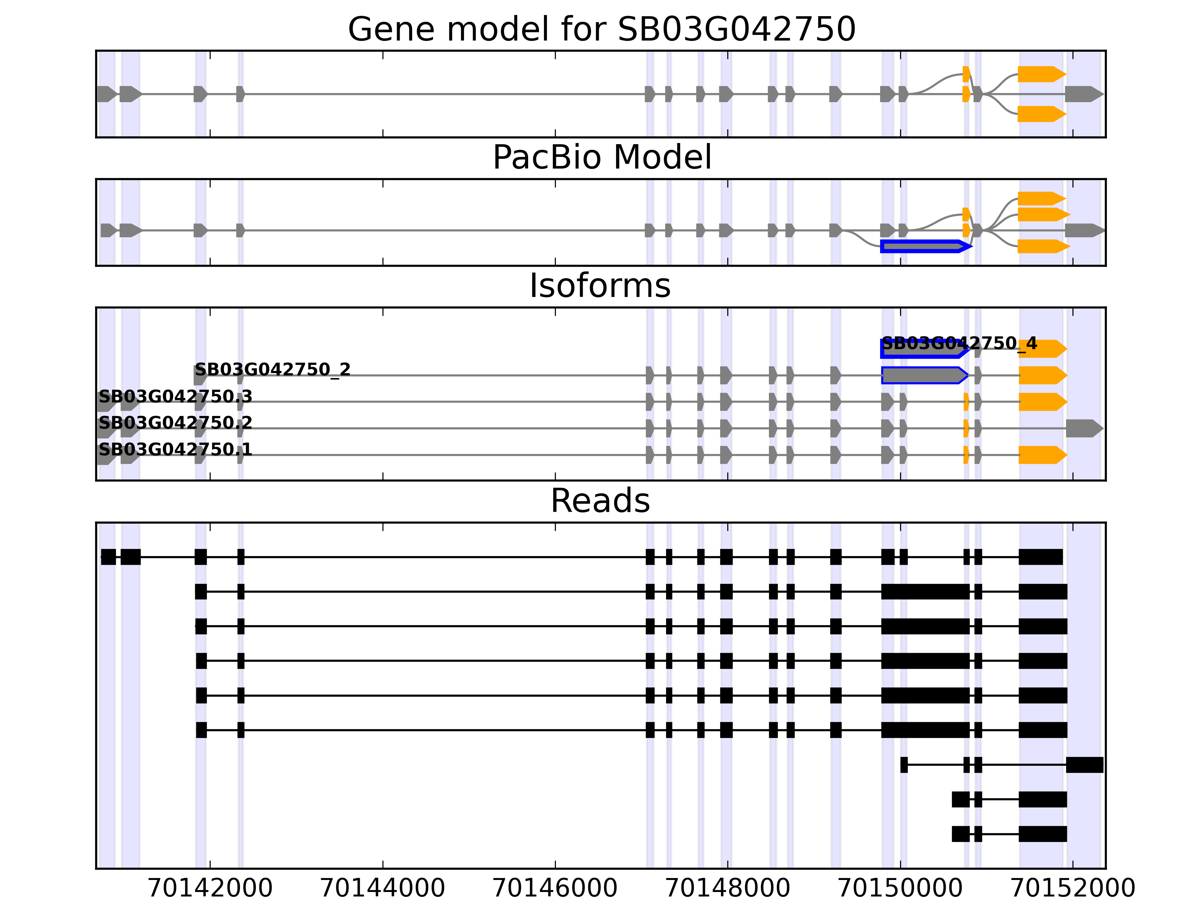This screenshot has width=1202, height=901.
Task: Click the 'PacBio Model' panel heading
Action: pyautogui.click(x=601, y=158)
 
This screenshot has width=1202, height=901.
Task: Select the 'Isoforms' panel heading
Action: pyautogui.click(x=600, y=286)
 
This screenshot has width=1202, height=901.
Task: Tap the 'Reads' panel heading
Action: pyautogui.click(x=600, y=501)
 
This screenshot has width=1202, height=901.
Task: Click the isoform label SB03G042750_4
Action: pyautogui.click(x=959, y=343)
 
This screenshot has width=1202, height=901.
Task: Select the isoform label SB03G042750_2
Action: pyautogui.click(x=273, y=370)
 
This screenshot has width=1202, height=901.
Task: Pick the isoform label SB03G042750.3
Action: pyautogui.click(x=175, y=396)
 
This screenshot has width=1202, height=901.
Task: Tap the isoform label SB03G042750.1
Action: pyautogui.click(x=175, y=450)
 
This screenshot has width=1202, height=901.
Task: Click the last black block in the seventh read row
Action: pyautogui.click(x=1084, y=765)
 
